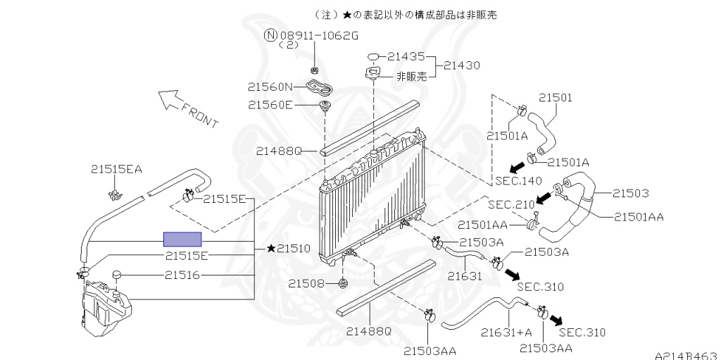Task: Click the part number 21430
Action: tap(462, 65)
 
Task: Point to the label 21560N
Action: tap(270, 87)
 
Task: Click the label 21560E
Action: tap(270, 105)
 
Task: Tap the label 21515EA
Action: tap(116, 169)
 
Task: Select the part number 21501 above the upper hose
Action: tap(556, 98)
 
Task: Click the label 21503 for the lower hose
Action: tap(630, 193)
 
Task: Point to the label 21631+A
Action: tap(506, 332)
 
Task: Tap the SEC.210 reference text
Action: tap(511, 204)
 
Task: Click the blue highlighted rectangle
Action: tap(182, 239)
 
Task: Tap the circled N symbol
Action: tap(270, 35)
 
